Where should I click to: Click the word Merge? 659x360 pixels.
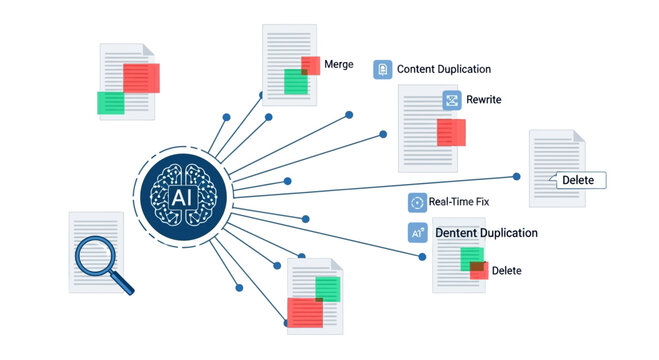(339, 64)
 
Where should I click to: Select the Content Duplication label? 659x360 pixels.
(444, 69)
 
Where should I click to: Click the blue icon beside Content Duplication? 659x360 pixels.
(382, 69)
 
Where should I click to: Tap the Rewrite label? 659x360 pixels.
(484, 100)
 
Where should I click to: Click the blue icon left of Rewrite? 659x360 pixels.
(452, 100)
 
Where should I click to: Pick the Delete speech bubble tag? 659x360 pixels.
(577, 180)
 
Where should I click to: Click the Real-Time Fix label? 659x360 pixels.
(459, 202)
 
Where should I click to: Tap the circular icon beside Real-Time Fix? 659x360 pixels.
(417, 202)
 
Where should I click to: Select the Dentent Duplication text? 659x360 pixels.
(487, 233)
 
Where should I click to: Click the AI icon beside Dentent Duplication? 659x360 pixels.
(417, 233)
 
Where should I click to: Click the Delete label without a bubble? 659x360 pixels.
(506, 270)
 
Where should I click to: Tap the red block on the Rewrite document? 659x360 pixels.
(451, 132)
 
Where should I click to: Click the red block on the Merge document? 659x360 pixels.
(311, 66)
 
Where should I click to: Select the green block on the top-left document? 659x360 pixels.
(110, 102)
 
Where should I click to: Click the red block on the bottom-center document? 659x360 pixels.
(305, 312)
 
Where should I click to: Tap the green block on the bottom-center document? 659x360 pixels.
(327, 290)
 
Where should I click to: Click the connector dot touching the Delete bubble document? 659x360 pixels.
(517, 176)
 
